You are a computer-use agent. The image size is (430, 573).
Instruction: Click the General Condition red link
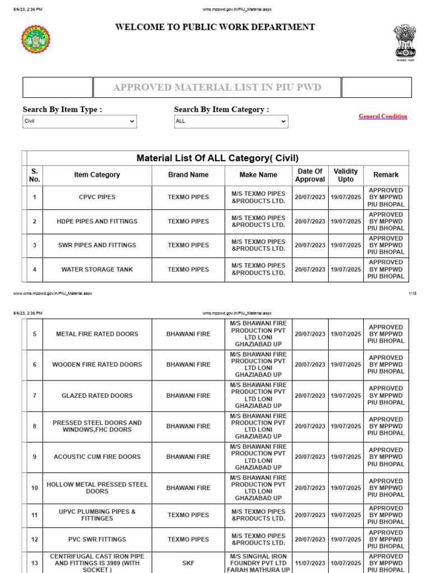pyautogui.click(x=383, y=116)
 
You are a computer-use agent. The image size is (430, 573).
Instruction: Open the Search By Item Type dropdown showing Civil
pyautogui.click(x=80, y=121)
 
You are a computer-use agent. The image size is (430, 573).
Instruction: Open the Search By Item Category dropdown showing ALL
pyautogui.click(x=231, y=121)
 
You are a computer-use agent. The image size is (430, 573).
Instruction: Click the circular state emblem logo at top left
pyautogui.click(x=36, y=39)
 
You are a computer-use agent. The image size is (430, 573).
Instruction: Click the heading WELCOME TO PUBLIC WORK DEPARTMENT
pyautogui.click(x=215, y=27)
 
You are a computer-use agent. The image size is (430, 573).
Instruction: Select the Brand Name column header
pyautogui.click(x=188, y=175)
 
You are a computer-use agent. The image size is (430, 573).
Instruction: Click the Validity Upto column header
pyautogui.click(x=346, y=175)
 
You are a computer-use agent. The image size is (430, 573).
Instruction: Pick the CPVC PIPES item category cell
pyautogui.click(x=97, y=198)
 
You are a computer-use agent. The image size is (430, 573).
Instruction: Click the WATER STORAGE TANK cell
pyautogui.click(x=97, y=270)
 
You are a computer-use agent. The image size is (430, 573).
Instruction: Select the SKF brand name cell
pyautogui.click(x=188, y=563)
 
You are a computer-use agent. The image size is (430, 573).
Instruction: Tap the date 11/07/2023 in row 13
pyautogui.click(x=310, y=563)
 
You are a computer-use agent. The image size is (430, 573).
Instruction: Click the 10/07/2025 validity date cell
pyautogui.click(x=346, y=563)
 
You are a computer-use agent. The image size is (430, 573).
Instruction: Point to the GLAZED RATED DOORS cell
pyautogui.click(x=97, y=396)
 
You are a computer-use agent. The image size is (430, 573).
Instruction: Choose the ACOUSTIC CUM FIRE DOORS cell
pyautogui.click(x=97, y=457)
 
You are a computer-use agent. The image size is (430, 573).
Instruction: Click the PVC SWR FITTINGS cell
pyautogui.click(x=97, y=539)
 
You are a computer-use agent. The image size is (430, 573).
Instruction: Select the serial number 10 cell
pyautogui.click(x=35, y=488)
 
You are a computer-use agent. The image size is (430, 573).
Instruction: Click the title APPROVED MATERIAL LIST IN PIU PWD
pyautogui.click(x=217, y=87)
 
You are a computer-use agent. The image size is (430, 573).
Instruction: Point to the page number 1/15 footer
pyautogui.click(x=413, y=293)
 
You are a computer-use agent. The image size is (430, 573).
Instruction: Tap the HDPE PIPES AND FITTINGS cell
pyautogui.click(x=97, y=222)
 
